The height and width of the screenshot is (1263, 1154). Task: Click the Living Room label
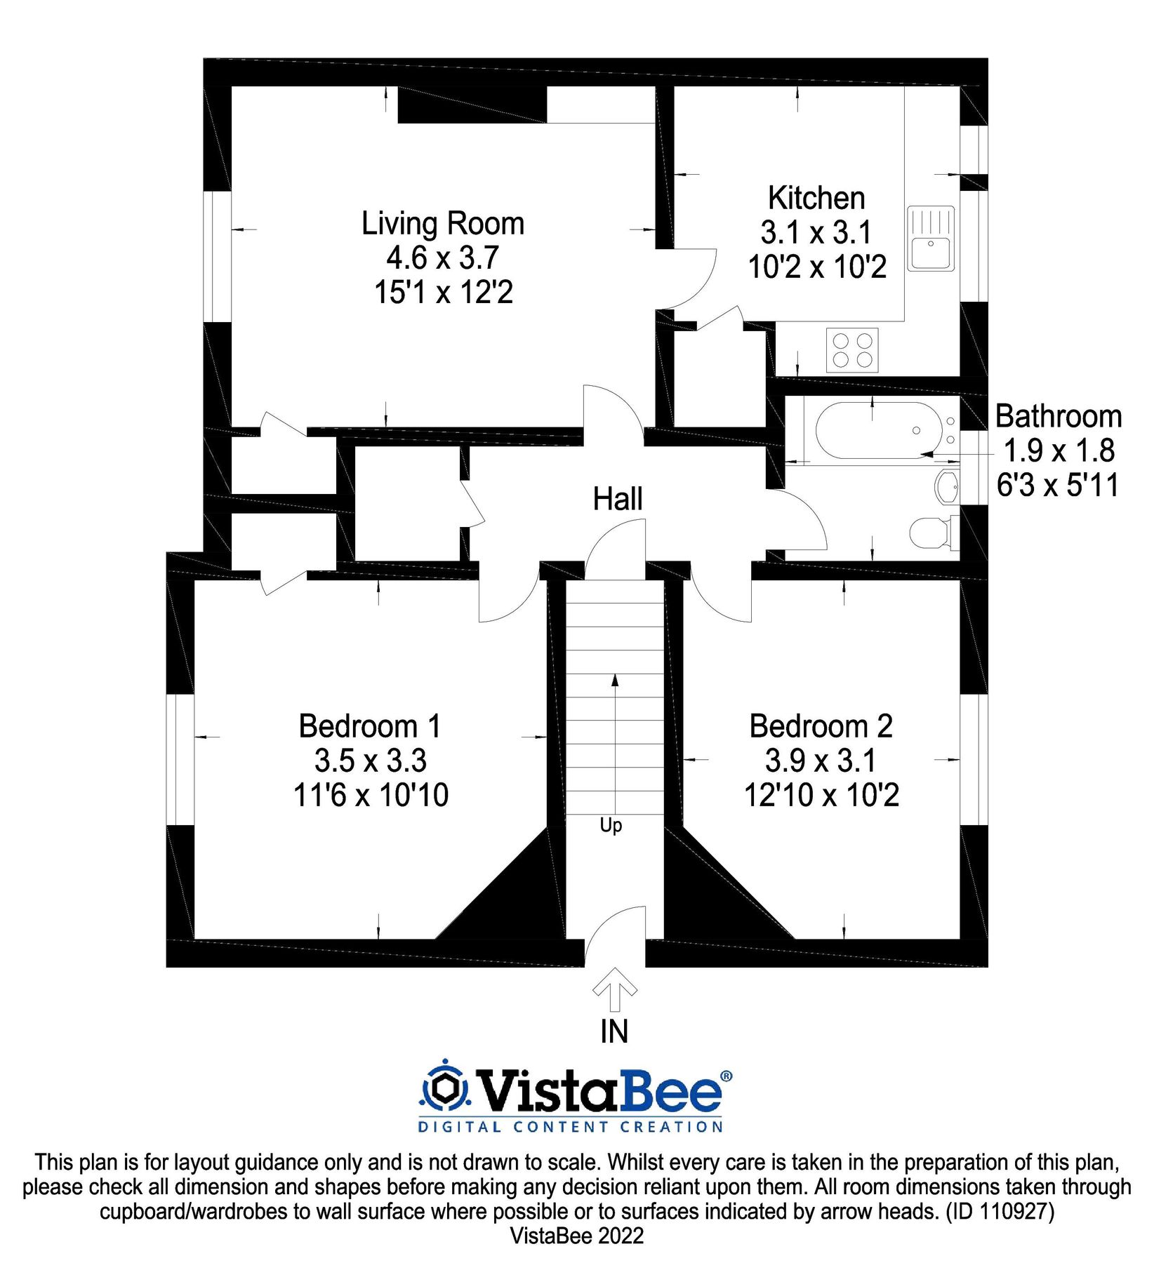[443, 224]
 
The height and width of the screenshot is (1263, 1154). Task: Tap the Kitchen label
[816, 198]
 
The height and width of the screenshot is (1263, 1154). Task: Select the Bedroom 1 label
[370, 726]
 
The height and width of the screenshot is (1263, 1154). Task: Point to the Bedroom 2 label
[821, 726]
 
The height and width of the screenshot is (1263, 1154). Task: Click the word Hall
[618, 499]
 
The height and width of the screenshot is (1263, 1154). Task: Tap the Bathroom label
[1059, 416]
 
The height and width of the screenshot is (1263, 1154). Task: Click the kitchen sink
[931, 239]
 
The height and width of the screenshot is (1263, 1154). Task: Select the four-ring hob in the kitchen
[852, 350]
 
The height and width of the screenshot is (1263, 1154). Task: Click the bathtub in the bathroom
[880, 430]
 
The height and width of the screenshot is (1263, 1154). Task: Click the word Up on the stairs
[611, 825]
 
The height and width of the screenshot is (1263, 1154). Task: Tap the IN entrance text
[614, 1031]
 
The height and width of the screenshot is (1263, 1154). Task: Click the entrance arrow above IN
[615, 989]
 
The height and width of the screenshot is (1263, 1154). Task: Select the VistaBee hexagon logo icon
[444, 1090]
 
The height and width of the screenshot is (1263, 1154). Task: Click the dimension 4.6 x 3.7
[443, 258]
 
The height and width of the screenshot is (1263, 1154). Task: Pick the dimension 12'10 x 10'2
[821, 795]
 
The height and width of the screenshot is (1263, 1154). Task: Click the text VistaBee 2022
[577, 1236]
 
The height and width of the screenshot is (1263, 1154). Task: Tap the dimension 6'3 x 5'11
[1058, 485]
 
